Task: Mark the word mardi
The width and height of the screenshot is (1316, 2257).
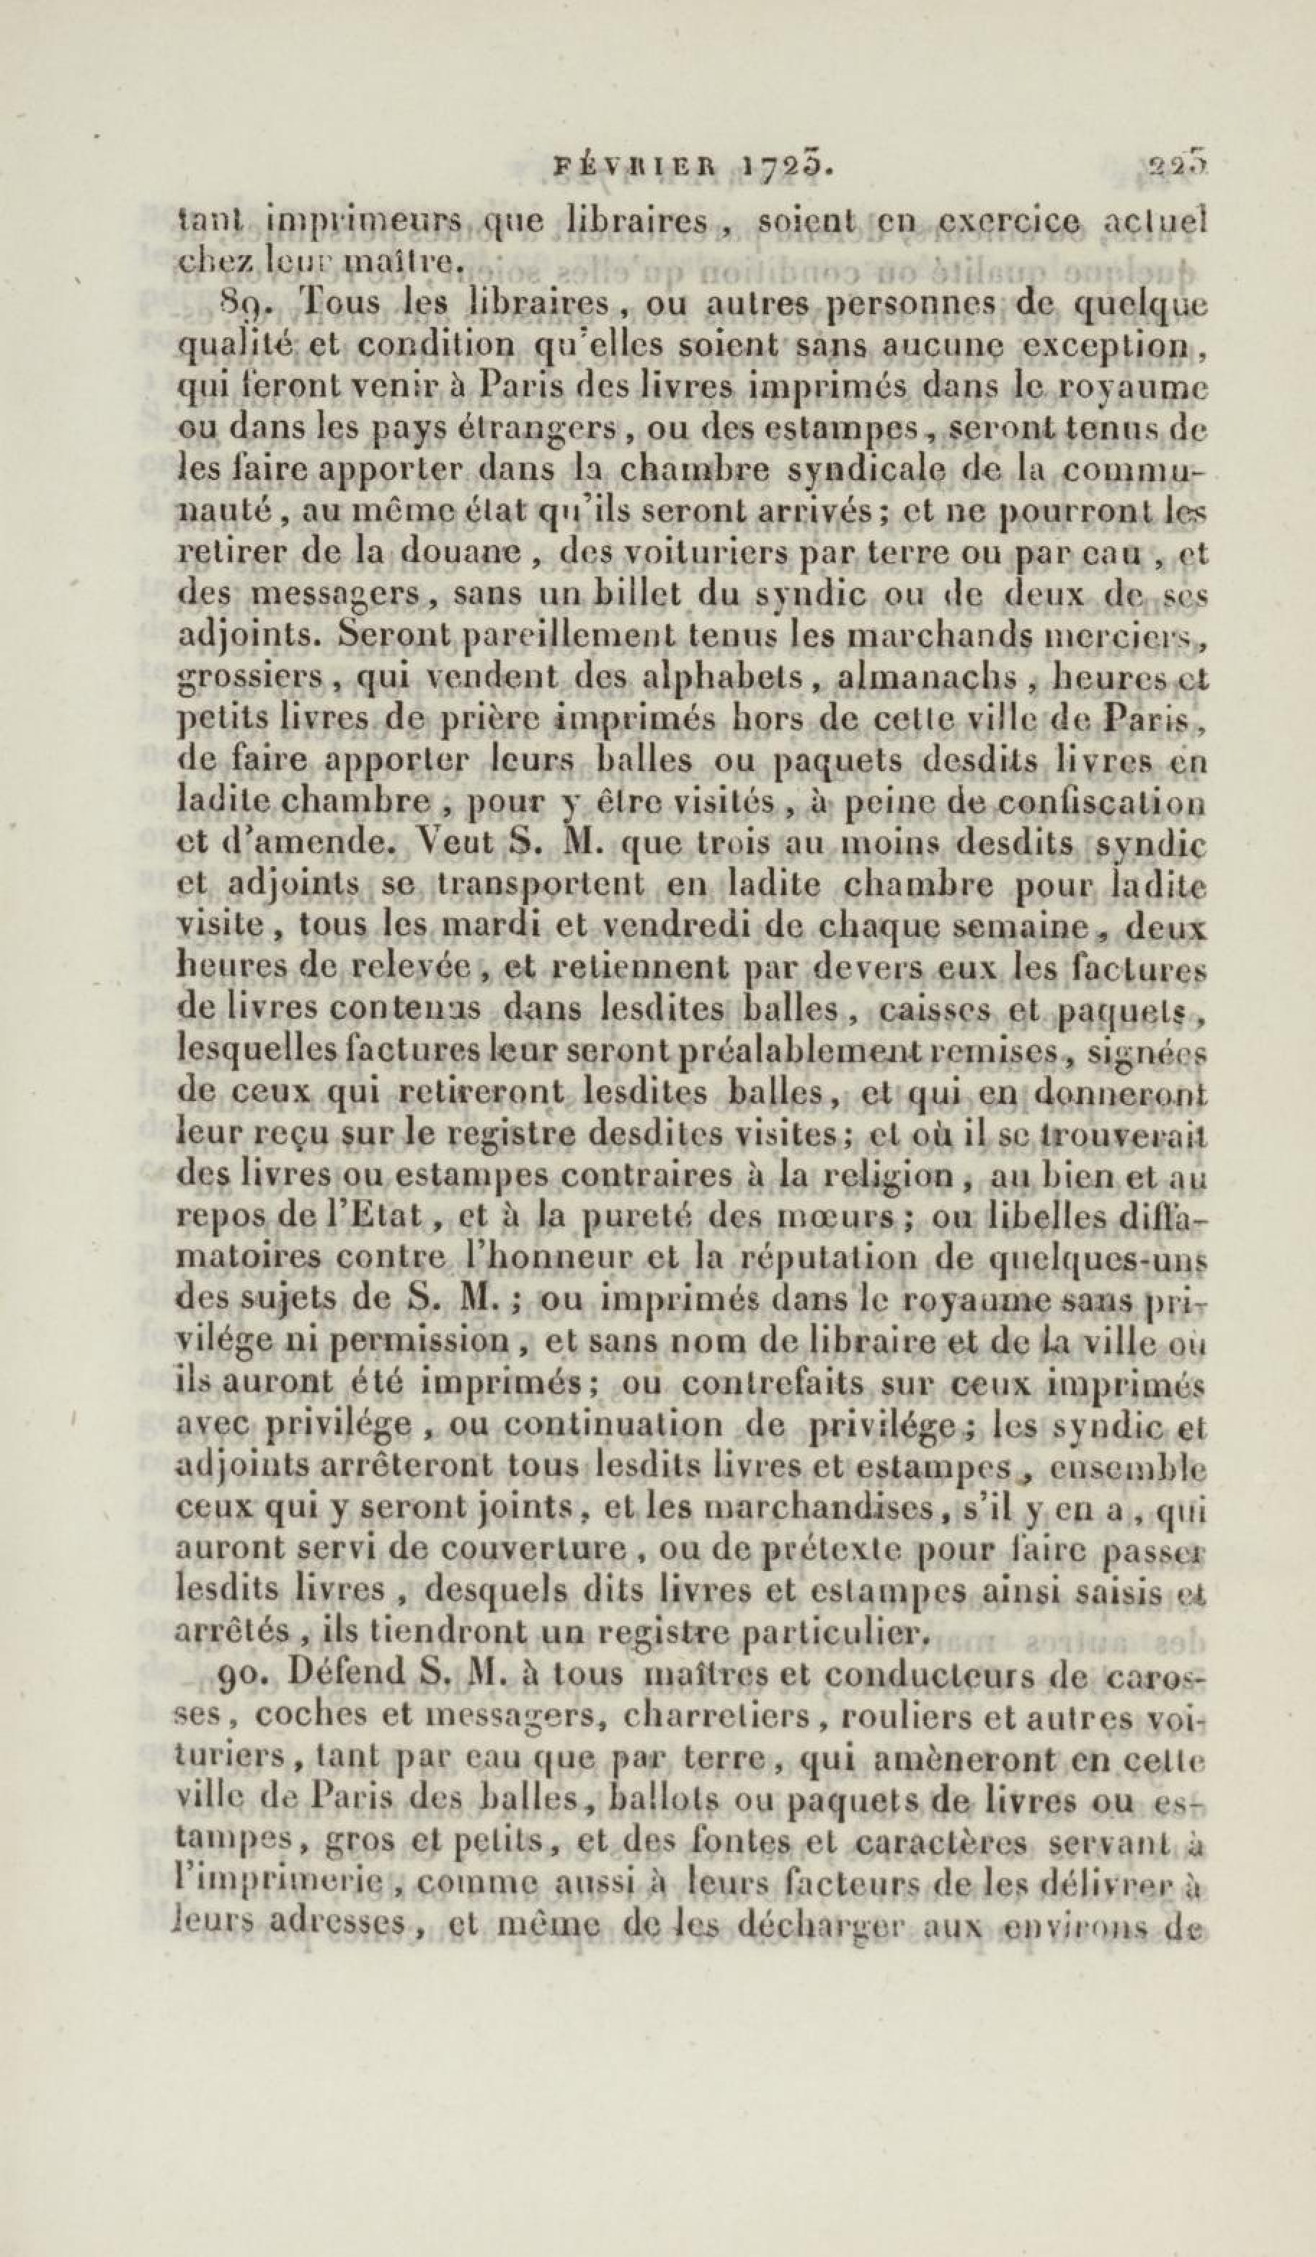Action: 484,926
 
